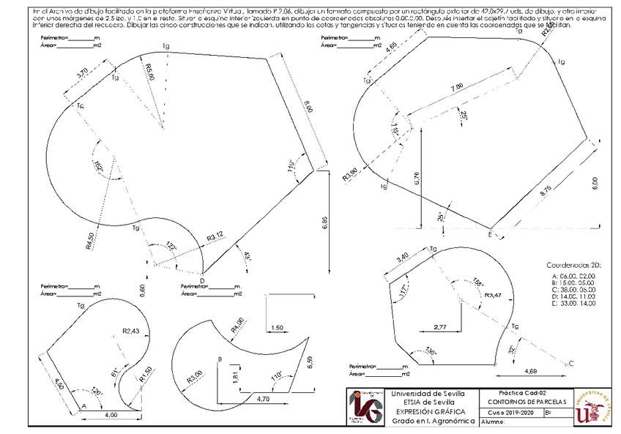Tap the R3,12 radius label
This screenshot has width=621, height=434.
click(x=215, y=236)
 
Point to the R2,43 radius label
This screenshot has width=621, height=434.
click(x=131, y=331)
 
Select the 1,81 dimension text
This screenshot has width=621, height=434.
click(x=227, y=377)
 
